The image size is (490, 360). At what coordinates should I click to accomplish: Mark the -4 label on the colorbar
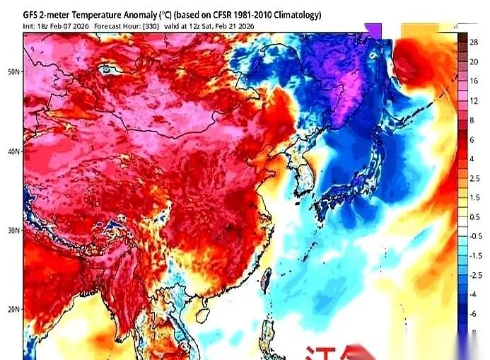coord(474,294)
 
